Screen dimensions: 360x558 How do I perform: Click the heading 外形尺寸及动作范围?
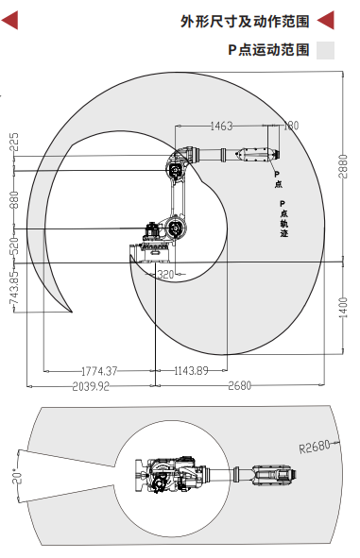click(x=245, y=22)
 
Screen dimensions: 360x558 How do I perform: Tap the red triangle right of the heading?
click(x=326, y=20)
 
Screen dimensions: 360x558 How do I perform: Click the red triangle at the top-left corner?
click(x=9, y=20)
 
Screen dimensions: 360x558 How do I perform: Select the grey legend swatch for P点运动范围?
click(x=325, y=50)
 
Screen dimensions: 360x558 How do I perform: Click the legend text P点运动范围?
click(x=268, y=50)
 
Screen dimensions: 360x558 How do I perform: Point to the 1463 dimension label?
click(x=221, y=126)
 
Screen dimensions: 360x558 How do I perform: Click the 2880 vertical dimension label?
click(x=343, y=166)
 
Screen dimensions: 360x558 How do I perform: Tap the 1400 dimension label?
click(x=343, y=308)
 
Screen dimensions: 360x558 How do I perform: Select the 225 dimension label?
click(x=14, y=142)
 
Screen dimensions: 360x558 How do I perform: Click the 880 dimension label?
click(x=14, y=200)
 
